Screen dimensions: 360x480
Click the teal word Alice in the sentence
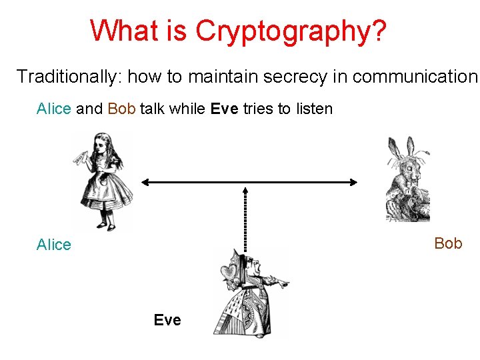pos(53,109)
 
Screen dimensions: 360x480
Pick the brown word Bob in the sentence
pos(121,109)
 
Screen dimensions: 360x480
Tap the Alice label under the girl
pos(53,245)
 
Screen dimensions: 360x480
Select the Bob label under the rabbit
pos(448,243)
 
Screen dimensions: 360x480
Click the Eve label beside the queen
pos(167,321)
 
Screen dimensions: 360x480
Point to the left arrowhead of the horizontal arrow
pos(144,181)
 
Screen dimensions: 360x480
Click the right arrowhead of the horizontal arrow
pos(355,181)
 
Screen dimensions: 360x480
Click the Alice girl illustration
pos(103,180)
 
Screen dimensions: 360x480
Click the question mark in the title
pos(378,31)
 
